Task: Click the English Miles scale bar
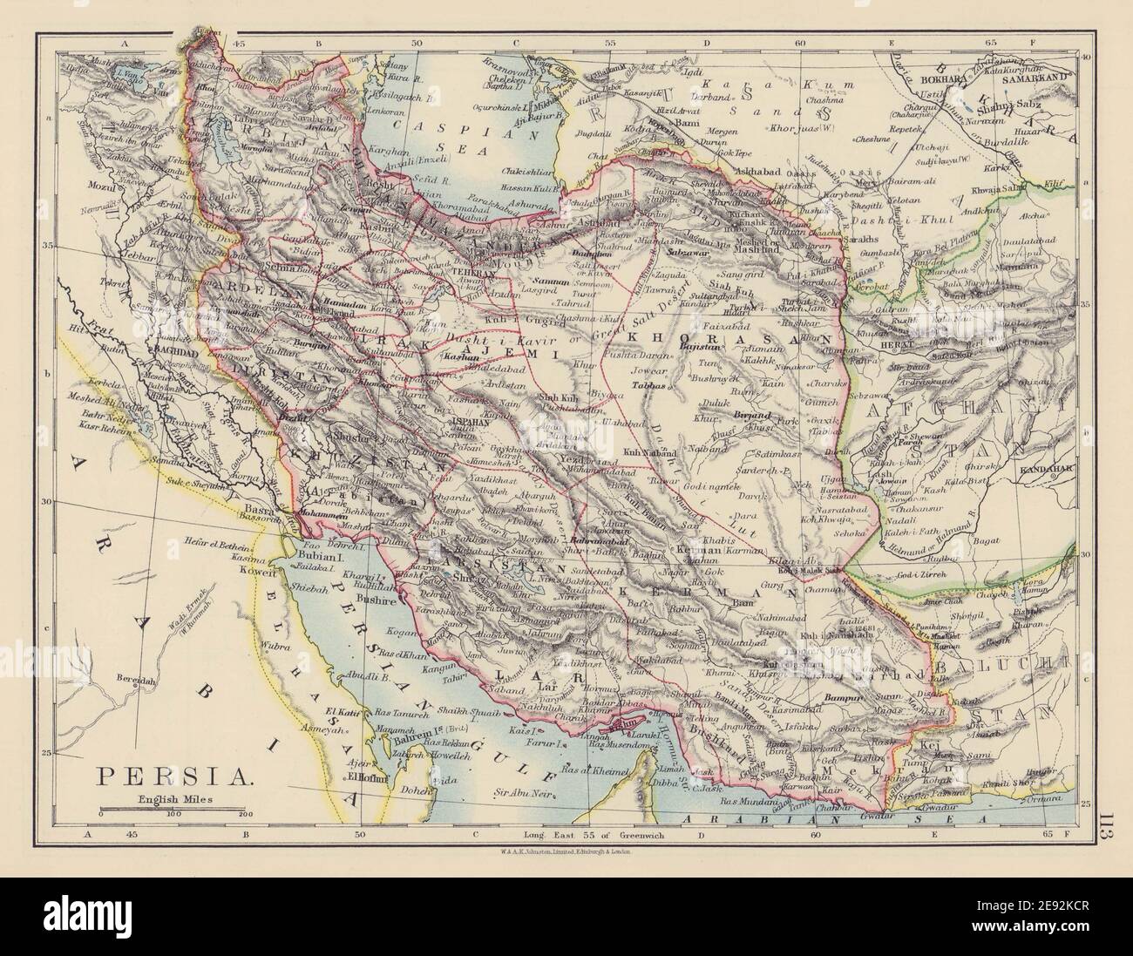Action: click(x=173, y=810)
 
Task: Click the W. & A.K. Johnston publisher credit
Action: click(x=565, y=852)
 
